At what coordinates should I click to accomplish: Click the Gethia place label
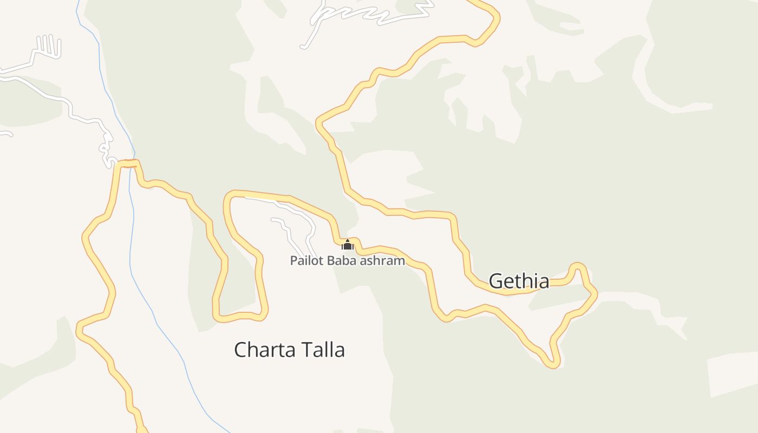pos(519,281)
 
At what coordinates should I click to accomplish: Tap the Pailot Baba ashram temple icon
pos(348,245)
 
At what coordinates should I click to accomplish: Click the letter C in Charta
pos(240,350)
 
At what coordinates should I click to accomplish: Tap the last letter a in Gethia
pos(544,282)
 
